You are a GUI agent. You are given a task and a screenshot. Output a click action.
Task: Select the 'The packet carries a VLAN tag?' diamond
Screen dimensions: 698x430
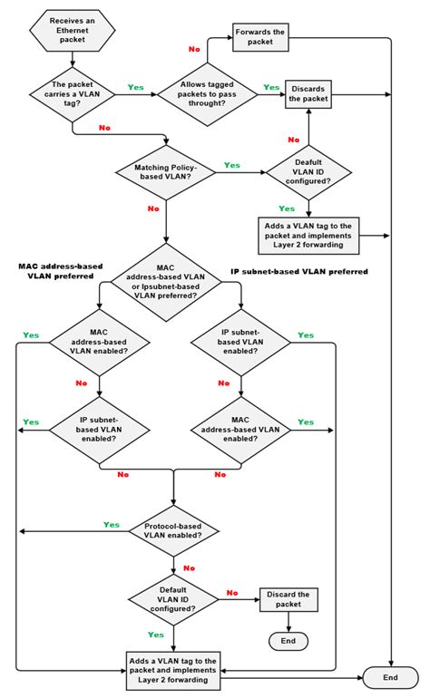coord(73,92)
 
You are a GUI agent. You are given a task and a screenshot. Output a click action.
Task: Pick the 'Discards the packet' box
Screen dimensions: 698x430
coord(309,92)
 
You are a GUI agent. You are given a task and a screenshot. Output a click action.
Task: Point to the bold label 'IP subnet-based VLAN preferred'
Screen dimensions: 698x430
coord(298,271)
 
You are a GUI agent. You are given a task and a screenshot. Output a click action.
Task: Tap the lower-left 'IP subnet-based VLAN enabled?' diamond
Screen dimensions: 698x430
coord(98,426)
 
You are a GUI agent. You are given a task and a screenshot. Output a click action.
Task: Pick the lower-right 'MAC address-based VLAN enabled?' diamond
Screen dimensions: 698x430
coord(240,426)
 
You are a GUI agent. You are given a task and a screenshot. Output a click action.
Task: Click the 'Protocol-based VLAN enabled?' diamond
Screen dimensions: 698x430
coord(172,529)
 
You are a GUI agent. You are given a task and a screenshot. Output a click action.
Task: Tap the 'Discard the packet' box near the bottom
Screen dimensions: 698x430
coord(289,599)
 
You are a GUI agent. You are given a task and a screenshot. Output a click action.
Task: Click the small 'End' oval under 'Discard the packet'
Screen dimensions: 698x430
coord(288,640)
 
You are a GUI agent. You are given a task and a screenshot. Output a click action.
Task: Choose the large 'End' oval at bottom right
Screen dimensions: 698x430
coord(390,676)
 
